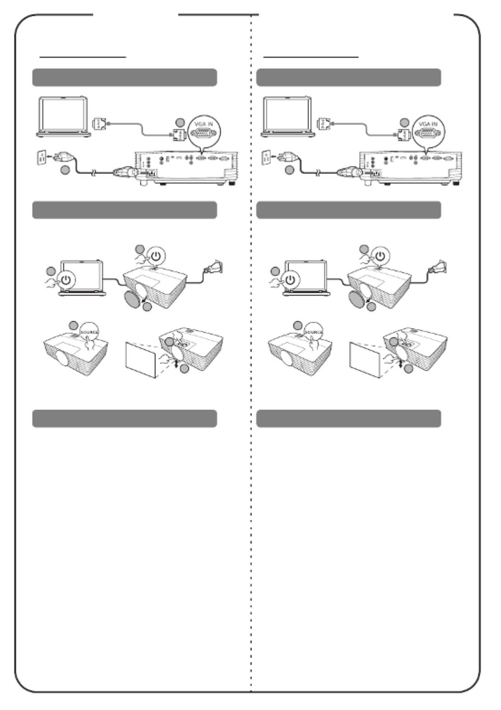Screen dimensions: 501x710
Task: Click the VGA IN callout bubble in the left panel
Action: [204, 131]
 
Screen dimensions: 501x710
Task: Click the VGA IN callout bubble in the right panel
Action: [428, 131]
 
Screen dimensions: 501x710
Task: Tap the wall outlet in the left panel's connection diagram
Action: [41, 157]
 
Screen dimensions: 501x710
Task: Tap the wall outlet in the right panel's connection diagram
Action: [266, 157]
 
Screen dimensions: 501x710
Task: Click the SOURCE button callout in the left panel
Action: [89, 332]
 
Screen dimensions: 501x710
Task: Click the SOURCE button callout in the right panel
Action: [314, 332]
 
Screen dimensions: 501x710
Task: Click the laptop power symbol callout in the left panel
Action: [66, 280]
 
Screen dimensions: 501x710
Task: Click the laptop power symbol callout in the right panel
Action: [290, 280]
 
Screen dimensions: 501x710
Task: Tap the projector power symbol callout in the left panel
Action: [156, 256]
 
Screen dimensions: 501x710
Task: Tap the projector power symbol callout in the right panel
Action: [380, 256]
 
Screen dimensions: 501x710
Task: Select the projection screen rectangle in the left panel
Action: [141, 360]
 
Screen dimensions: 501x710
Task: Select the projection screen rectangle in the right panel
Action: [365, 360]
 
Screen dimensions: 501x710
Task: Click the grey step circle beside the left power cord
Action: [65, 170]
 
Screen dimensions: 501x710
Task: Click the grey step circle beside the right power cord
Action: [289, 170]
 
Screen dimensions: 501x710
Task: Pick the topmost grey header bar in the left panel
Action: [125, 77]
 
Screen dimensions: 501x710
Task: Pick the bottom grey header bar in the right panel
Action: [349, 418]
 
